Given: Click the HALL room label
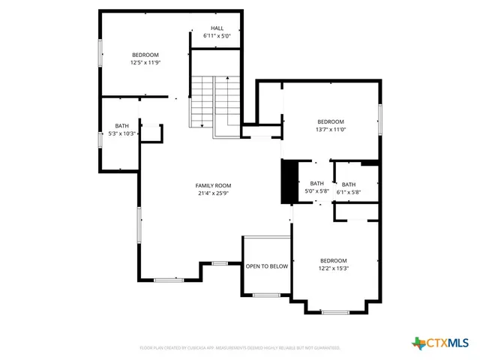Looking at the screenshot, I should pyautogui.click(x=217, y=28).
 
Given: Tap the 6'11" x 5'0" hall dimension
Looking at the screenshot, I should pyautogui.click(x=217, y=36).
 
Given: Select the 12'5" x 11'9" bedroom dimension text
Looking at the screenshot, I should pyautogui.click(x=145, y=62).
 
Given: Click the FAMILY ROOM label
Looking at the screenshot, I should pyautogui.click(x=213, y=185).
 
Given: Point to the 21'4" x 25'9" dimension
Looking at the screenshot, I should pyautogui.click(x=213, y=193).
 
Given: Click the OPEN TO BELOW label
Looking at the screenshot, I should pyautogui.click(x=267, y=266).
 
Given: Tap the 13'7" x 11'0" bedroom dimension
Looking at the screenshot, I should pyautogui.click(x=330, y=129).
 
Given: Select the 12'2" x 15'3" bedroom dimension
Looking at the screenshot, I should pyautogui.click(x=334, y=268).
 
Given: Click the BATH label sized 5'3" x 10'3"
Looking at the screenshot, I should pyautogui.click(x=121, y=125).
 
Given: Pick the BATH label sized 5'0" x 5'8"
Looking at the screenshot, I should pyautogui.click(x=316, y=184).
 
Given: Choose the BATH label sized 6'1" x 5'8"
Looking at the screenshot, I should pyautogui.click(x=349, y=184).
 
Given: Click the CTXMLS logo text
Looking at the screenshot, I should pyautogui.click(x=448, y=343).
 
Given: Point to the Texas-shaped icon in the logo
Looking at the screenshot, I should pyautogui.click(x=418, y=343).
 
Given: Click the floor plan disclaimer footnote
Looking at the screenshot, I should pyautogui.click(x=240, y=348).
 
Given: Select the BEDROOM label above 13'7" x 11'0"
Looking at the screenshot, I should pyautogui.click(x=330, y=121).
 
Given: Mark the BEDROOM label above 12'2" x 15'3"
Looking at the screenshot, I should pyautogui.click(x=334, y=260).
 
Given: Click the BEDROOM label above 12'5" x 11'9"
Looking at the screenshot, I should pyautogui.click(x=145, y=55).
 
